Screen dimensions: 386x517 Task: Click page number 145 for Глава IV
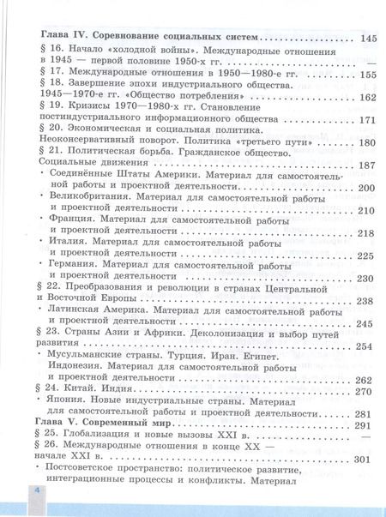(369, 39)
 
